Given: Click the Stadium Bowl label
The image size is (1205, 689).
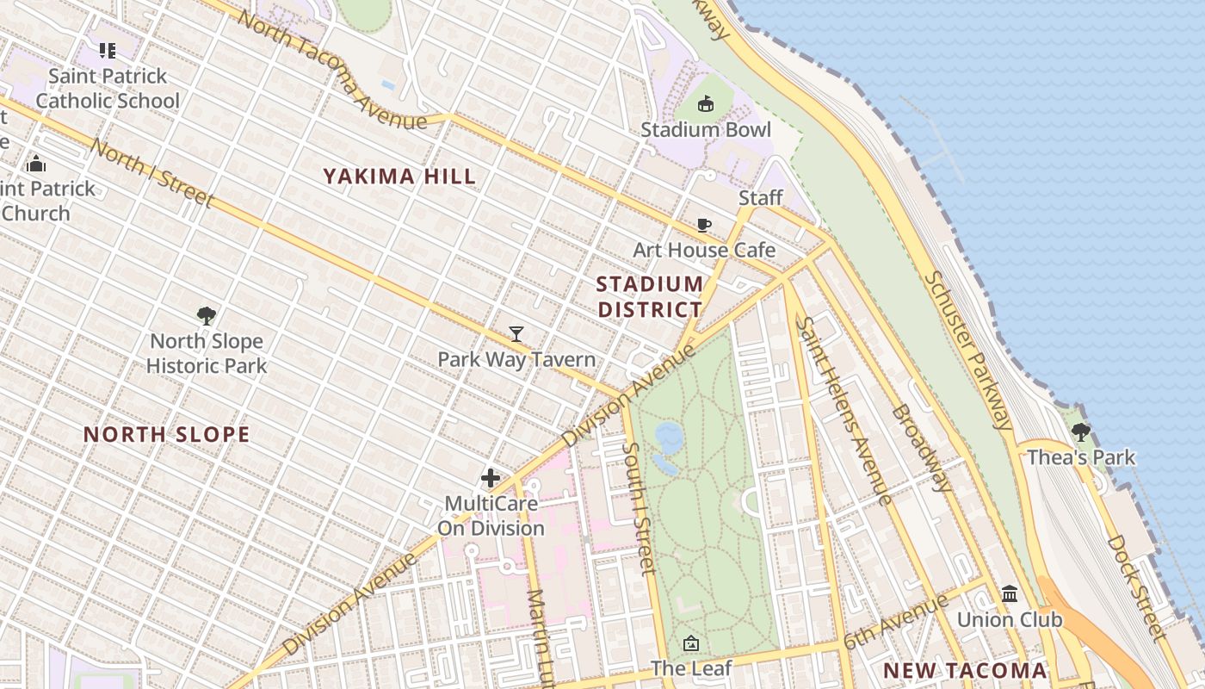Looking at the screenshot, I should click(x=706, y=130).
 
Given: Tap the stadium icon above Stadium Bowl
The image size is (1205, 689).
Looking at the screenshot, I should click(x=706, y=104).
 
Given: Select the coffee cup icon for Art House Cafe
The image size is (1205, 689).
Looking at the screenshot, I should click(x=704, y=226).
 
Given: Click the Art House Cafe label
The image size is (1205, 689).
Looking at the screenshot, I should click(x=704, y=251).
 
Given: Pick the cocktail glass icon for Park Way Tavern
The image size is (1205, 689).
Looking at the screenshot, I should click(x=516, y=334).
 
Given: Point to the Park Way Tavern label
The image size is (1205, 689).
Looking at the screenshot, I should click(x=516, y=359).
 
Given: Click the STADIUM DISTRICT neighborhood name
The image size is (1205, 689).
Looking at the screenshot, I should click(x=650, y=296).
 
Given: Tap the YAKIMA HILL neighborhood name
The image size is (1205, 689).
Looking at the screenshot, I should click(x=399, y=177).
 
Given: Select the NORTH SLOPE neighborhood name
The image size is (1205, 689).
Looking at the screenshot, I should click(x=166, y=435).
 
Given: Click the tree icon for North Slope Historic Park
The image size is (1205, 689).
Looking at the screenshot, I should click(x=206, y=316).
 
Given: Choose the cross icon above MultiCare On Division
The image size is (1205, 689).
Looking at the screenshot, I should click(x=491, y=478).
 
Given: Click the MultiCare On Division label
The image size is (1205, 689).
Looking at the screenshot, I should click(x=491, y=516).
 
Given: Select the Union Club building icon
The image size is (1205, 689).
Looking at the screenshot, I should click(x=1010, y=594).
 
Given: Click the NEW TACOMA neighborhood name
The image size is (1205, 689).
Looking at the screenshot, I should click(x=965, y=671).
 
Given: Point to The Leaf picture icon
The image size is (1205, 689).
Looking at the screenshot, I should click(x=691, y=643).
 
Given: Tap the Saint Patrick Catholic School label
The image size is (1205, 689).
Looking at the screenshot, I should click(x=108, y=89).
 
